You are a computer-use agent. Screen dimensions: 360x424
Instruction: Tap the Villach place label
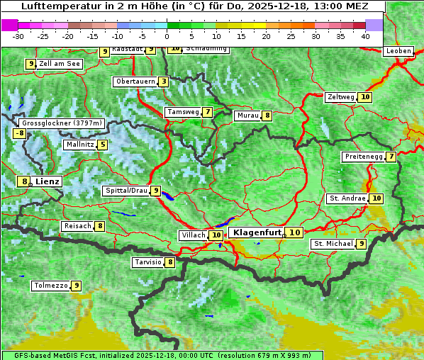193,235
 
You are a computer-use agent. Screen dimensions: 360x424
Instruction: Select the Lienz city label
48,181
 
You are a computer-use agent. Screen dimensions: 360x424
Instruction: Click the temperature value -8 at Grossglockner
20,133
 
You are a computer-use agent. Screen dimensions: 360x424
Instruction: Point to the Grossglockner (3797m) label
58,123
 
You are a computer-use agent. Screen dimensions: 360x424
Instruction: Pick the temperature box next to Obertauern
164,81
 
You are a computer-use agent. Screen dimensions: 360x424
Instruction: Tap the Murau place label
247,116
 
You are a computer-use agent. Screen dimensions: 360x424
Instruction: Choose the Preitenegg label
363,157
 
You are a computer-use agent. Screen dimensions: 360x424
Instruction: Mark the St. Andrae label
347,198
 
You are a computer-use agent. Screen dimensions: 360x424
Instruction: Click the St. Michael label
333,244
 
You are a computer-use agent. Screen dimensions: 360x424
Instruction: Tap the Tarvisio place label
147,262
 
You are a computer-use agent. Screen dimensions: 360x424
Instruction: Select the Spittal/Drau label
125,191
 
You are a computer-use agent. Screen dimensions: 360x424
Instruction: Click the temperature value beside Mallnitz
103,145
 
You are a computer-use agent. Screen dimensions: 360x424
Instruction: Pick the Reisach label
77,226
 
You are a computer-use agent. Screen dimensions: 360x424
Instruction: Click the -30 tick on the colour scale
18,36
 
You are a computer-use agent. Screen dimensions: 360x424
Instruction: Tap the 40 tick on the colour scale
365,36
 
